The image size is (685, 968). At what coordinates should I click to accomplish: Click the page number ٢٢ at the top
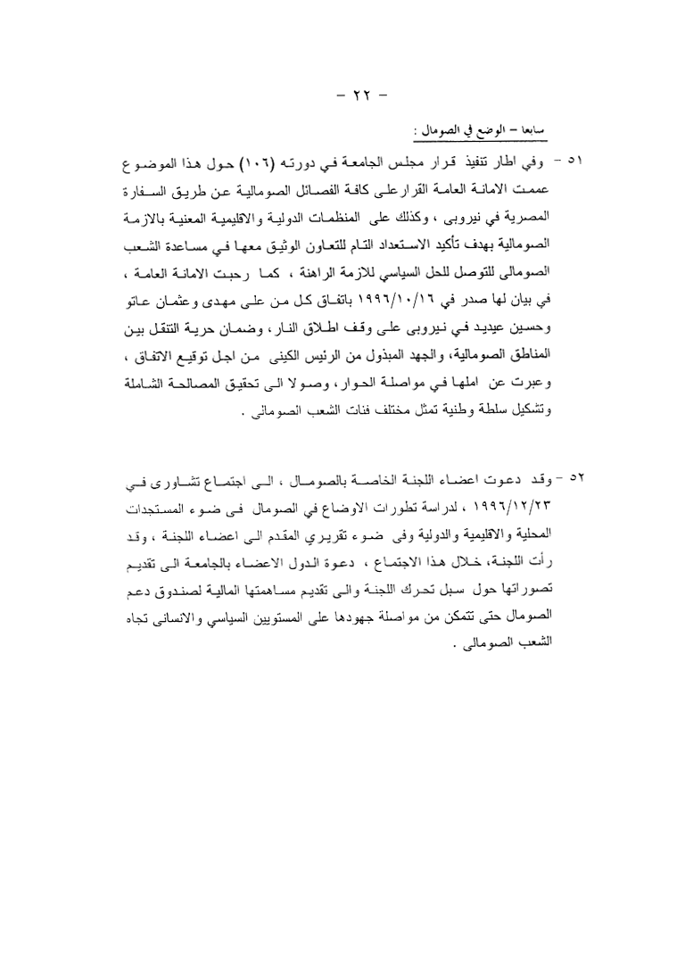(x=342, y=92)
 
